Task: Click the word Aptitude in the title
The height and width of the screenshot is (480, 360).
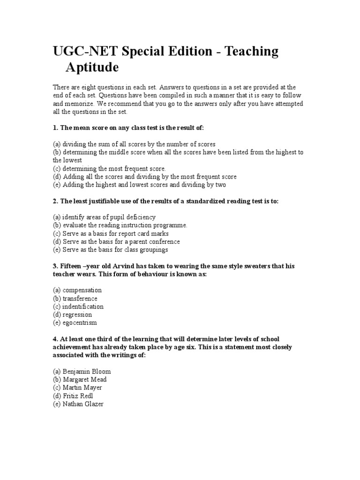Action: pyautogui.click(x=92, y=67)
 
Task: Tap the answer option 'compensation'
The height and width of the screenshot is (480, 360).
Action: pyautogui.click(x=82, y=290)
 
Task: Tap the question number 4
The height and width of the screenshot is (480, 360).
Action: pyautogui.click(x=55, y=339)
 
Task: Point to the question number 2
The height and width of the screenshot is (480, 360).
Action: pyautogui.click(x=55, y=201)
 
